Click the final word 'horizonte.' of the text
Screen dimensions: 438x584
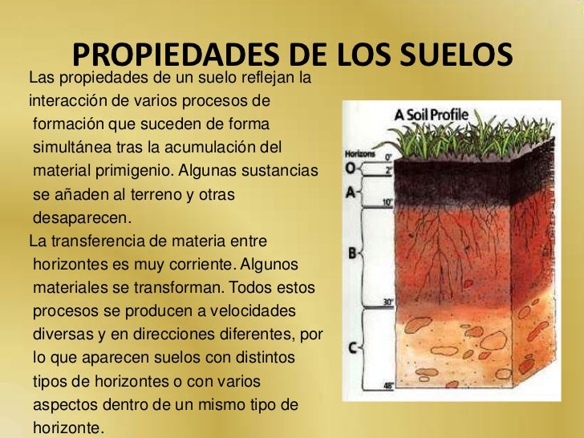[x=68, y=428]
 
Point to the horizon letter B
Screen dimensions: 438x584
[x=351, y=253]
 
